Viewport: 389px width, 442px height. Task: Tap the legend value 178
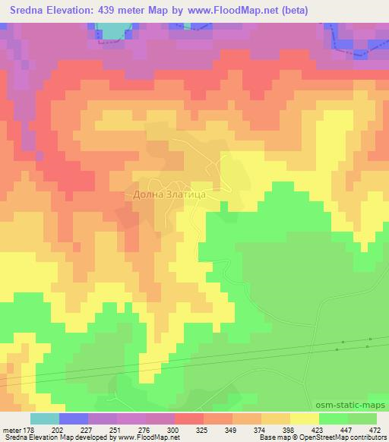(x=28, y=430)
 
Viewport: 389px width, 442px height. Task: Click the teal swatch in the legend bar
(x=44, y=418)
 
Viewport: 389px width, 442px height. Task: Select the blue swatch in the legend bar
(x=74, y=418)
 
